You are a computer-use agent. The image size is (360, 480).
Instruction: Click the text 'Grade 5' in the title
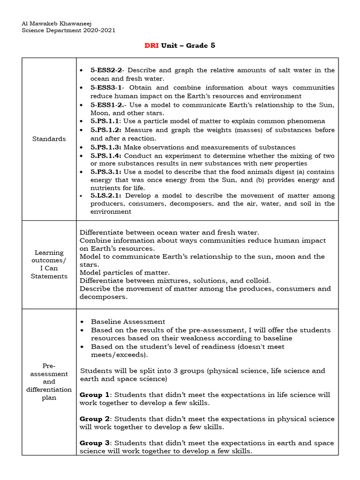tap(201, 45)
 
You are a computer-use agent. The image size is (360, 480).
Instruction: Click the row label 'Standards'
tap(49, 139)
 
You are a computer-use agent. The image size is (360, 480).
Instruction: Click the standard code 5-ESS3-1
tap(107, 88)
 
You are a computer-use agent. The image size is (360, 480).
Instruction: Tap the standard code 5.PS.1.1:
tap(106, 121)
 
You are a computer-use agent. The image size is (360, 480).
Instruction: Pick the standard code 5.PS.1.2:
tap(106, 130)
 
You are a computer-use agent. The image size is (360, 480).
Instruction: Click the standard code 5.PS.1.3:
tap(106, 147)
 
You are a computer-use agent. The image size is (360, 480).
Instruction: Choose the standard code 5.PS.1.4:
tap(106, 156)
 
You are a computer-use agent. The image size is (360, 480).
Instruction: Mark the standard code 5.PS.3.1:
tap(106, 172)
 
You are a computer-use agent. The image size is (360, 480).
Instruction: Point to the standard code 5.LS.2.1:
tap(106, 195)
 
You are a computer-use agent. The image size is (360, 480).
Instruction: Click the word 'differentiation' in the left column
tap(49, 390)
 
